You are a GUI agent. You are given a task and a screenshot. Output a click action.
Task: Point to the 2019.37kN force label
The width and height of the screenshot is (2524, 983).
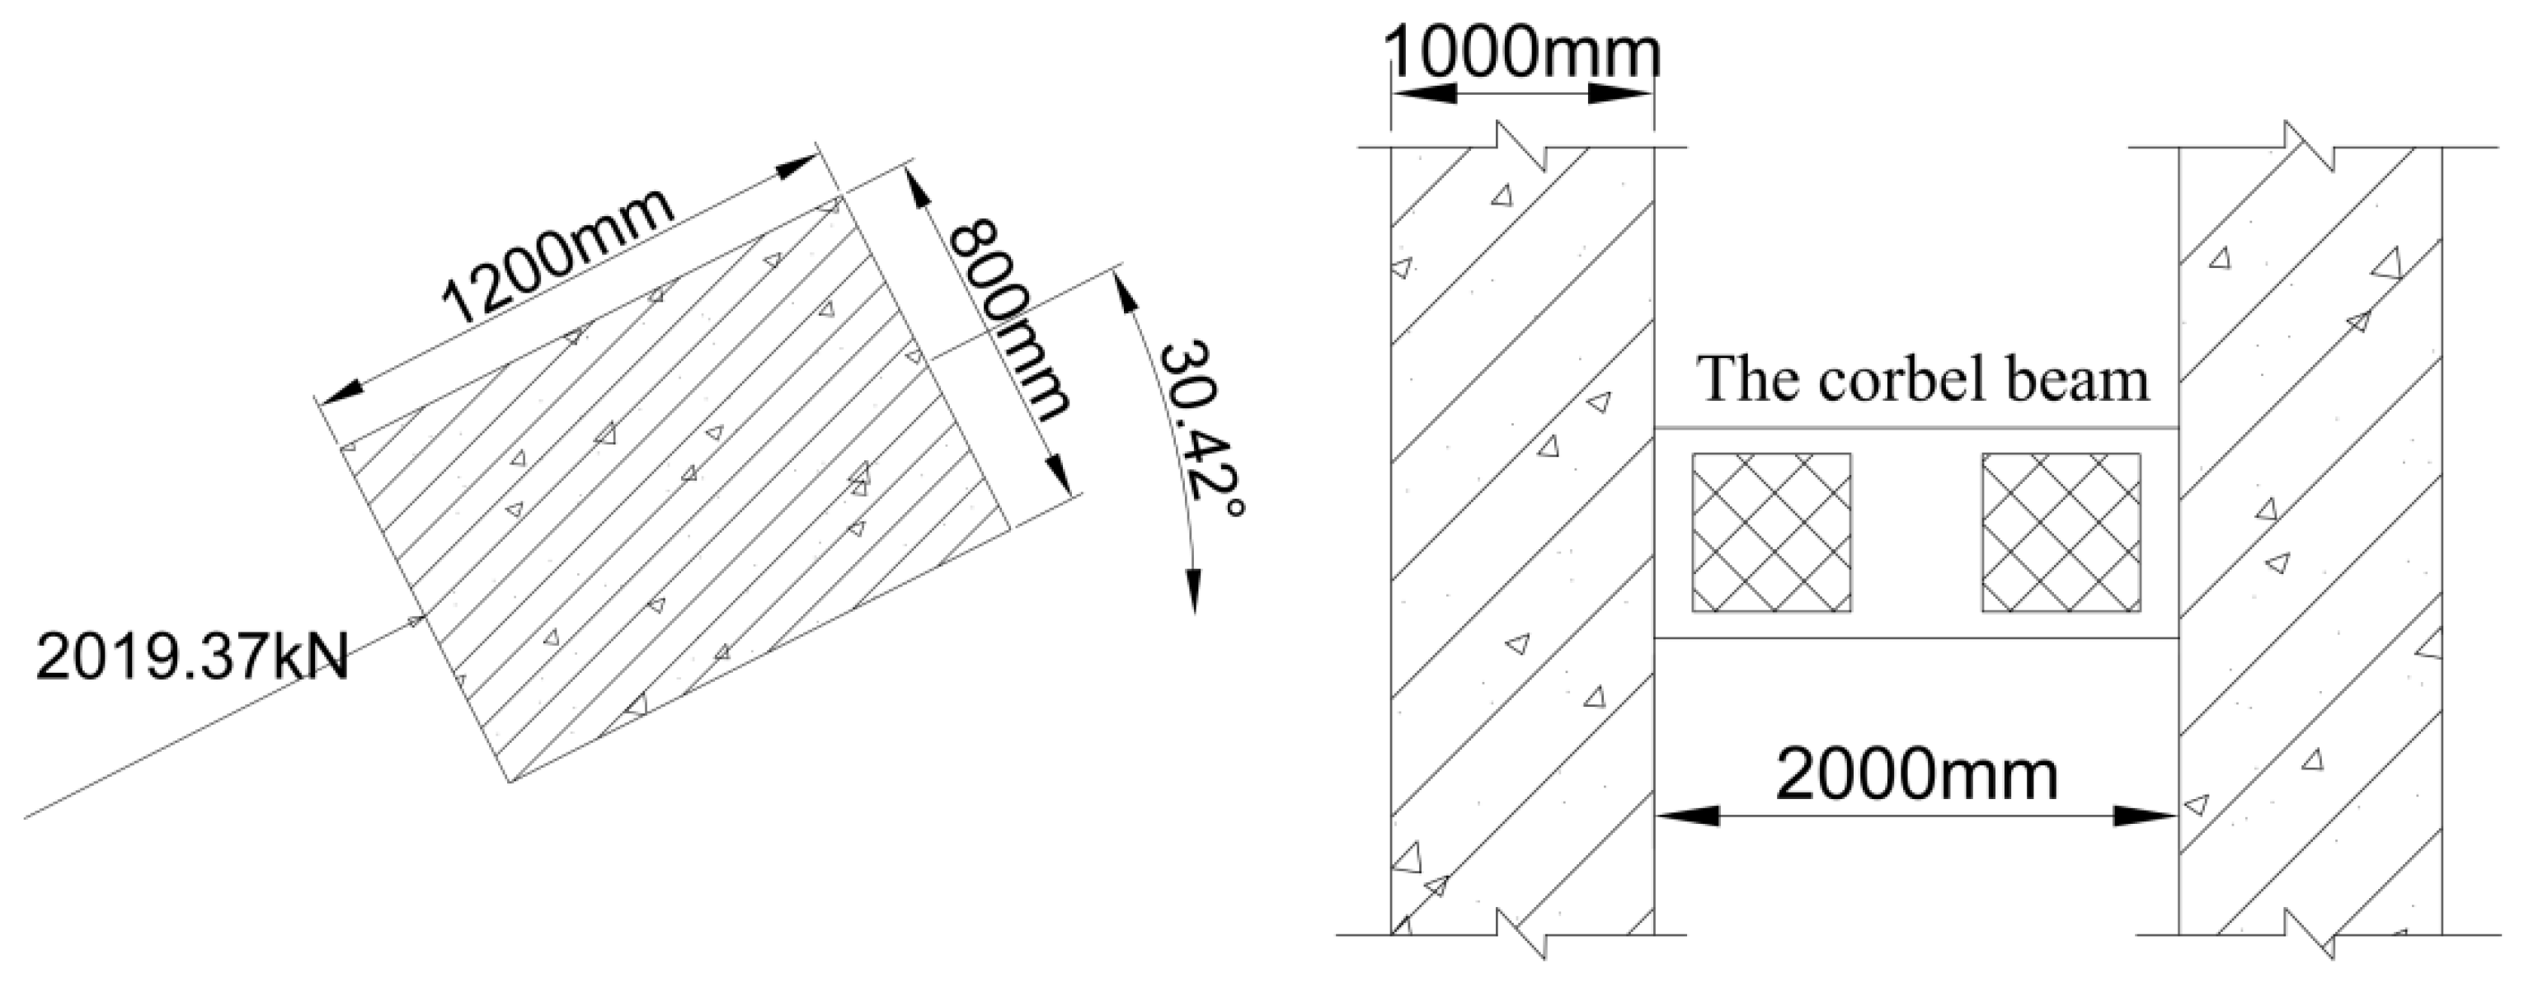[x=192, y=656]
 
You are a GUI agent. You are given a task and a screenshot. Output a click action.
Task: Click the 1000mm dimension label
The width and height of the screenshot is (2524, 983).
[x=1524, y=54]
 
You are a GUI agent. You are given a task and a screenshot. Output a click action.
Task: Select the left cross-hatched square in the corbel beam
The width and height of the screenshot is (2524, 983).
[x=1771, y=532]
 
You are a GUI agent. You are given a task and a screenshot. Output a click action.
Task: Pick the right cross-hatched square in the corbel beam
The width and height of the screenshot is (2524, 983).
[x=2061, y=532]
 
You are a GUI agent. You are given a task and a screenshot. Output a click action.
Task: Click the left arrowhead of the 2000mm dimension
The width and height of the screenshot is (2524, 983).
[x=1685, y=816]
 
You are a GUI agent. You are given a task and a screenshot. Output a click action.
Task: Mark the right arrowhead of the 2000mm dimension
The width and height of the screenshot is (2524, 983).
[x=2146, y=816]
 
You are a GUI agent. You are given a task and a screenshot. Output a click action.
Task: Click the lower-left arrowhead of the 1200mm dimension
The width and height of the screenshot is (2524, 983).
[x=338, y=391]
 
